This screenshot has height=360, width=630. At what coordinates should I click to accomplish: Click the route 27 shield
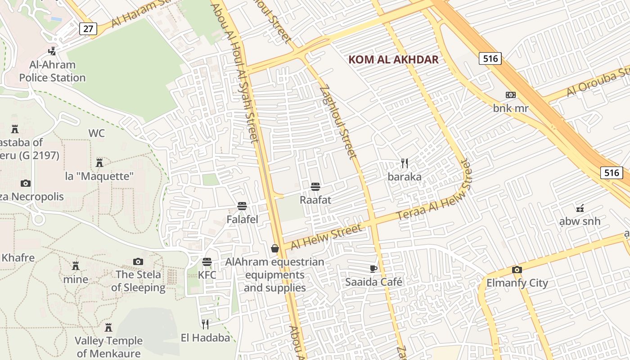click(x=88, y=29)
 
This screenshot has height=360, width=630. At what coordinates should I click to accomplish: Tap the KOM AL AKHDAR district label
click(x=393, y=60)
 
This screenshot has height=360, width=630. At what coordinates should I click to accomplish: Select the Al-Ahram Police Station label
click(x=52, y=71)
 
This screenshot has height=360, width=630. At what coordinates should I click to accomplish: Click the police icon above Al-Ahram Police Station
click(x=52, y=51)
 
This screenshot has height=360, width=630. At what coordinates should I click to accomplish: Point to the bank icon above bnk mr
click(x=510, y=95)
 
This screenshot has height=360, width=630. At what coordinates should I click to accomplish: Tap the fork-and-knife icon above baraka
click(x=405, y=163)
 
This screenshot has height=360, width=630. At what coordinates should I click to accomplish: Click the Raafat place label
click(x=315, y=200)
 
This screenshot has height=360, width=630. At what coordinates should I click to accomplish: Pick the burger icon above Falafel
click(x=242, y=206)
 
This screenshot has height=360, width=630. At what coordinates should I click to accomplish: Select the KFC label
click(x=207, y=275)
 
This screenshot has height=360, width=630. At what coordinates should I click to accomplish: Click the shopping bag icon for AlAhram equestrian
click(x=274, y=248)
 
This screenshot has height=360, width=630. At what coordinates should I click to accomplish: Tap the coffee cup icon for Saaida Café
click(x=373, y=269)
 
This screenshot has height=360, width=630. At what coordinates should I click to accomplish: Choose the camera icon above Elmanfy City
click(x=517, y=270)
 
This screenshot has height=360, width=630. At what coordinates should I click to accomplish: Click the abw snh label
click(x=580, y=221)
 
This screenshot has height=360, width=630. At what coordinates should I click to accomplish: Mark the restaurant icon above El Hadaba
click(x=205, y=324)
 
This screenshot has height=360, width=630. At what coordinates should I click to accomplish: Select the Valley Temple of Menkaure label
click(x=108, y=347)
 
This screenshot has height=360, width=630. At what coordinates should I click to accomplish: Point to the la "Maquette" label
click(x=99, y=176)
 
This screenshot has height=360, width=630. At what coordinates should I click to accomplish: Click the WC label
click(x=96, y=133)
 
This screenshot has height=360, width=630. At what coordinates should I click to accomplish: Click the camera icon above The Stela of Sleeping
click(x=138, y=261)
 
